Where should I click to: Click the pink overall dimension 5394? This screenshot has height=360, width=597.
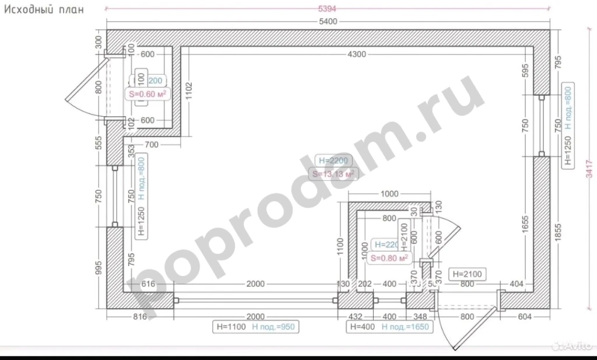tap(328, 9)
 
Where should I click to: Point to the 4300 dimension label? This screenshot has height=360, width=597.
tap(356, 54)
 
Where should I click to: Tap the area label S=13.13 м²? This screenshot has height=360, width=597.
tap(333, 173)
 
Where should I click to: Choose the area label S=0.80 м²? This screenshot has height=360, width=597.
tap(388, 257)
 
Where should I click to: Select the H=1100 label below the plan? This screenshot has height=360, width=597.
tap(230, 327)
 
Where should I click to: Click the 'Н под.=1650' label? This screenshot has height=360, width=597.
tap(405, 327)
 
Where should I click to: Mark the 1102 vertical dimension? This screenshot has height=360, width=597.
tap(188, 92)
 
